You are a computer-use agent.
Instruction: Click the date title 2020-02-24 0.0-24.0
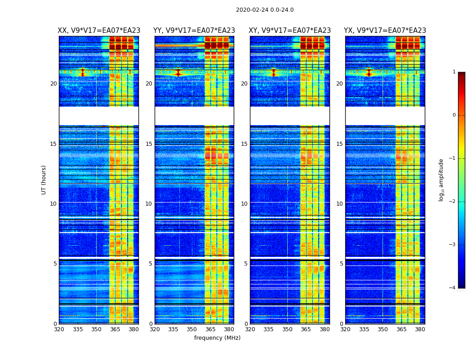[x=265, y=10]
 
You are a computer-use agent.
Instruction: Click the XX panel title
[x=99, y=31]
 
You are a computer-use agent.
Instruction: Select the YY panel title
[x=194, y=31]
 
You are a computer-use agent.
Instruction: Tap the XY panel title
[x=290, y=31]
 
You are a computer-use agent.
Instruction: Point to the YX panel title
[x=385, y=31]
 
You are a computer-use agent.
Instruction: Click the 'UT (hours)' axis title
[x=44, y=180]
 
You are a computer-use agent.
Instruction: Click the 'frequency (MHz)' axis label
[x=217, y=338]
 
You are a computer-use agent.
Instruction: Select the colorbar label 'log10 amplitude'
[x=441, y=180]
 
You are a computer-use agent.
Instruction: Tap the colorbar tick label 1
[x=454, y=72]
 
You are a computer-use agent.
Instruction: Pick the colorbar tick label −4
[x=453, y=288]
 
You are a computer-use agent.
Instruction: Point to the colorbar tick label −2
[x=453, y=202]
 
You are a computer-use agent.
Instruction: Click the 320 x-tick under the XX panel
[x=59, y=329]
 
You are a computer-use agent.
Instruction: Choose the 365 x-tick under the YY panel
[x=210, y=329]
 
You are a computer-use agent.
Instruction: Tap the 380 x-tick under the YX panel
[x=420, y=329]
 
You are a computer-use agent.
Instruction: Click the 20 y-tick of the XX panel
[x=53, y=84]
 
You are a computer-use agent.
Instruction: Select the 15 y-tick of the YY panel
[x=149, y=144]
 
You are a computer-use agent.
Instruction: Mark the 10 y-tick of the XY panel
[x=244, y=204]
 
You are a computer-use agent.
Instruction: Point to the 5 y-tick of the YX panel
[x=342, y=264]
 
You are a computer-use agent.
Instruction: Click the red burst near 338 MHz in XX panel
[x=82, y=72]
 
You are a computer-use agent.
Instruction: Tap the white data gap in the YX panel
[x=385, y=116]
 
